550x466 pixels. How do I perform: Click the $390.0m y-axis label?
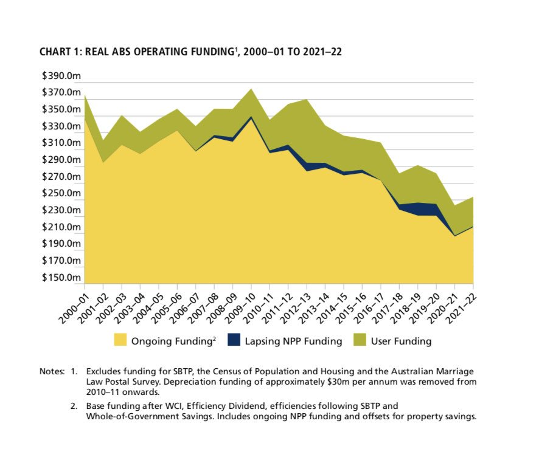[61, 76]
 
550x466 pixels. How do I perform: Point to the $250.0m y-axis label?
[61, 193]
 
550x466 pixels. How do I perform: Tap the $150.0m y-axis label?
[61, 277]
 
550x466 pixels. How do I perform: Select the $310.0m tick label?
[61, 143]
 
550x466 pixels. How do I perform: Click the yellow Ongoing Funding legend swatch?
[120, 340]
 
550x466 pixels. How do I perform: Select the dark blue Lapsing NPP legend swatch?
[234, 340]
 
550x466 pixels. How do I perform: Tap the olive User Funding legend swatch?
[360, 340]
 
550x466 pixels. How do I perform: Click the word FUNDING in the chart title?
[212, 52]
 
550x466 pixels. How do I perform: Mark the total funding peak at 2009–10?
[251, 89]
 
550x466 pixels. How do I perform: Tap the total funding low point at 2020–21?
[454, 206]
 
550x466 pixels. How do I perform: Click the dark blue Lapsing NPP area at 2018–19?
[418, 209]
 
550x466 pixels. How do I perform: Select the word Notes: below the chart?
[52, 371]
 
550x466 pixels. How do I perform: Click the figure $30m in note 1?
[338, 382]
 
